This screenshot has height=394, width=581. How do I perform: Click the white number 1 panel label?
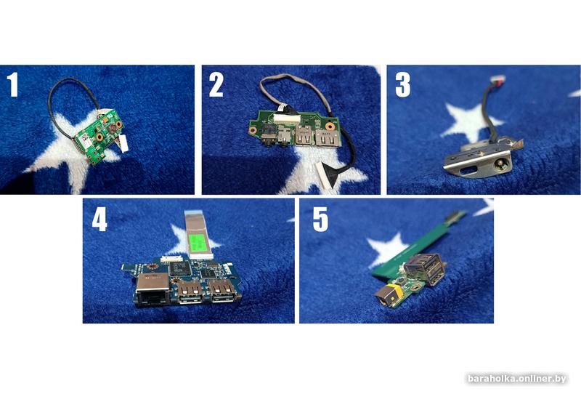13,84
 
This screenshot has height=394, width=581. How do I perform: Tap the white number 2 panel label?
216,84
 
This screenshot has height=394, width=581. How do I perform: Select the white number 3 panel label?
403,84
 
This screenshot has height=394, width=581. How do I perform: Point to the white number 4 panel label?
99,220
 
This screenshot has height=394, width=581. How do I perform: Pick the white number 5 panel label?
320,220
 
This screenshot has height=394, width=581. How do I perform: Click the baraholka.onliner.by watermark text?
517,379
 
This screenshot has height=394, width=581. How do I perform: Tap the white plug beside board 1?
123,143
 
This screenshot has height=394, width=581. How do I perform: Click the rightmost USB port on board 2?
328,138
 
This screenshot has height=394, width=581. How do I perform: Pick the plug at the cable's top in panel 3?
495,80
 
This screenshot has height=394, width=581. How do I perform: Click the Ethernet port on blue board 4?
153,290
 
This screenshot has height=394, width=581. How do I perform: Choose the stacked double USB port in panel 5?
424,268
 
